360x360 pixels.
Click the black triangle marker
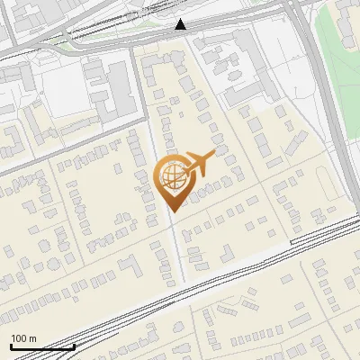pos(181,24)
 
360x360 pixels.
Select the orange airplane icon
pos(199,163)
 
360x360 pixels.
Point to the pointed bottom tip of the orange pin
pos(172,211)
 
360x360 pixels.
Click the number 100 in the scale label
pos(19,338)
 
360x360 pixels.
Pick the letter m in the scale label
pos(33,338)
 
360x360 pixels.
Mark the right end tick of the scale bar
pos(73,346)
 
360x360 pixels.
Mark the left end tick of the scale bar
pos(11,346)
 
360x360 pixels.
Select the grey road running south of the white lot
pos(54,153)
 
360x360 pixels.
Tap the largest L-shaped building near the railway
pos(130,266)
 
